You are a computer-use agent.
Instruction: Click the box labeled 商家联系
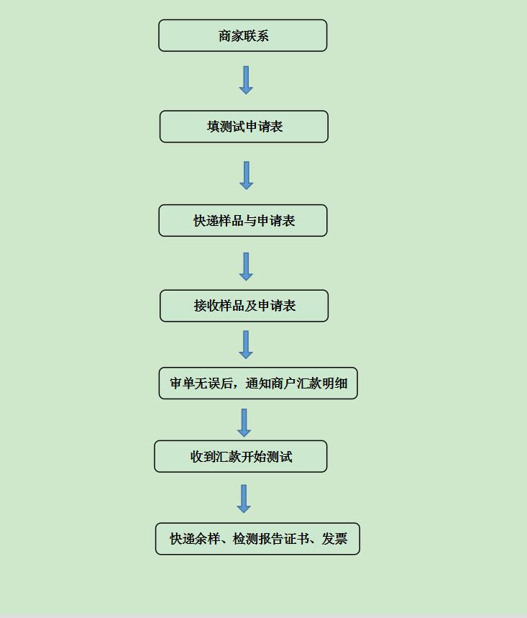point(242,35)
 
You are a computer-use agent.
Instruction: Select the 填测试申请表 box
point(244,127)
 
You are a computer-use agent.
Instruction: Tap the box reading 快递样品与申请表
point(243,221)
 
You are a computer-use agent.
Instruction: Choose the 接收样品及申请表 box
point(244,306)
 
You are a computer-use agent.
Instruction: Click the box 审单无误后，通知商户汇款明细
point(258,383)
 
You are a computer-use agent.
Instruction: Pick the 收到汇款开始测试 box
point(241,456)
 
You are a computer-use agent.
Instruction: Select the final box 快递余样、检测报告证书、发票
point(257,539)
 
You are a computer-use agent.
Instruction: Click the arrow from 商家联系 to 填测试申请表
point(246,80)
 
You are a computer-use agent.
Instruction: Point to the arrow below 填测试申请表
point(247,176)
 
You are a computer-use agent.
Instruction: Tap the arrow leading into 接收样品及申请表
point(246,267)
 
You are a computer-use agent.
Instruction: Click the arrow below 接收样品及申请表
point(246,345)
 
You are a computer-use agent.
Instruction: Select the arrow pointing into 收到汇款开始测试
point(244,423)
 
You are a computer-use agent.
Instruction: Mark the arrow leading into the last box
point(244,499)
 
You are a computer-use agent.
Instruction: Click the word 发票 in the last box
point(335,539)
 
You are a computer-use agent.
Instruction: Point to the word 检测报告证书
point(271,539)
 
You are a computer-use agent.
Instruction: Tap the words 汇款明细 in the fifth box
point(322,383)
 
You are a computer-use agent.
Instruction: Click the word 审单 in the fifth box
point(183,383)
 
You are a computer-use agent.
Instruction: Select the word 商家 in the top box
point(231,36)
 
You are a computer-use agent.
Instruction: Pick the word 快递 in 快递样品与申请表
point(206,221)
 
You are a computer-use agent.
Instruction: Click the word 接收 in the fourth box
point(206,306)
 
